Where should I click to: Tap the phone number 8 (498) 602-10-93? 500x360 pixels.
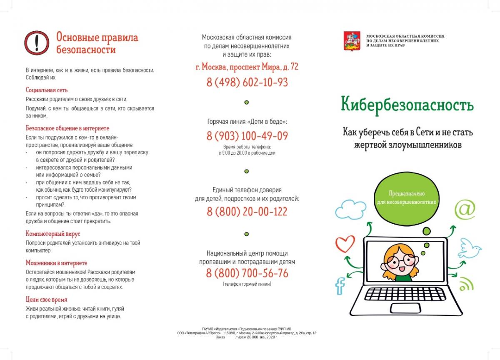[247, 82]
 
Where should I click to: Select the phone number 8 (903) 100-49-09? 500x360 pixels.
[247, 136]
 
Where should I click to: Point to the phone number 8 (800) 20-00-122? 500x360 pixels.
[247, 212]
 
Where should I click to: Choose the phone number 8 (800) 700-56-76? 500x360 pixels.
[247, 273]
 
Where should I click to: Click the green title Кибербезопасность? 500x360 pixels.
[407, 104]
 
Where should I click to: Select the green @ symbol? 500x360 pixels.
[465, 209]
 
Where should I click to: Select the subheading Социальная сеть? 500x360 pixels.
[47, 90]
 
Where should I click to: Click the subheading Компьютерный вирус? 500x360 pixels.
[53, 234]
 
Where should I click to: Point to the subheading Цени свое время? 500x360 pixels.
[47, 300]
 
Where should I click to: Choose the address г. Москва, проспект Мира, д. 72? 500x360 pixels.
[247, 67]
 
